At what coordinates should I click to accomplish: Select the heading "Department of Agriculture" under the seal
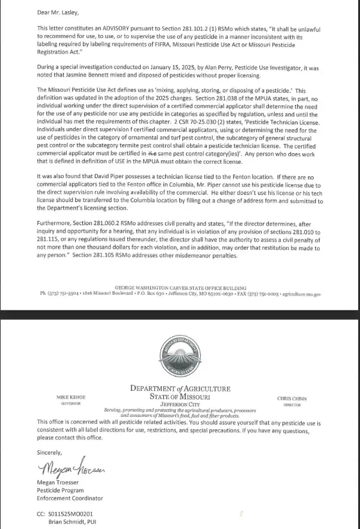click(x=180, y=389)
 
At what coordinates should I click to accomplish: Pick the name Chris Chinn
click(x=291, y=398)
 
